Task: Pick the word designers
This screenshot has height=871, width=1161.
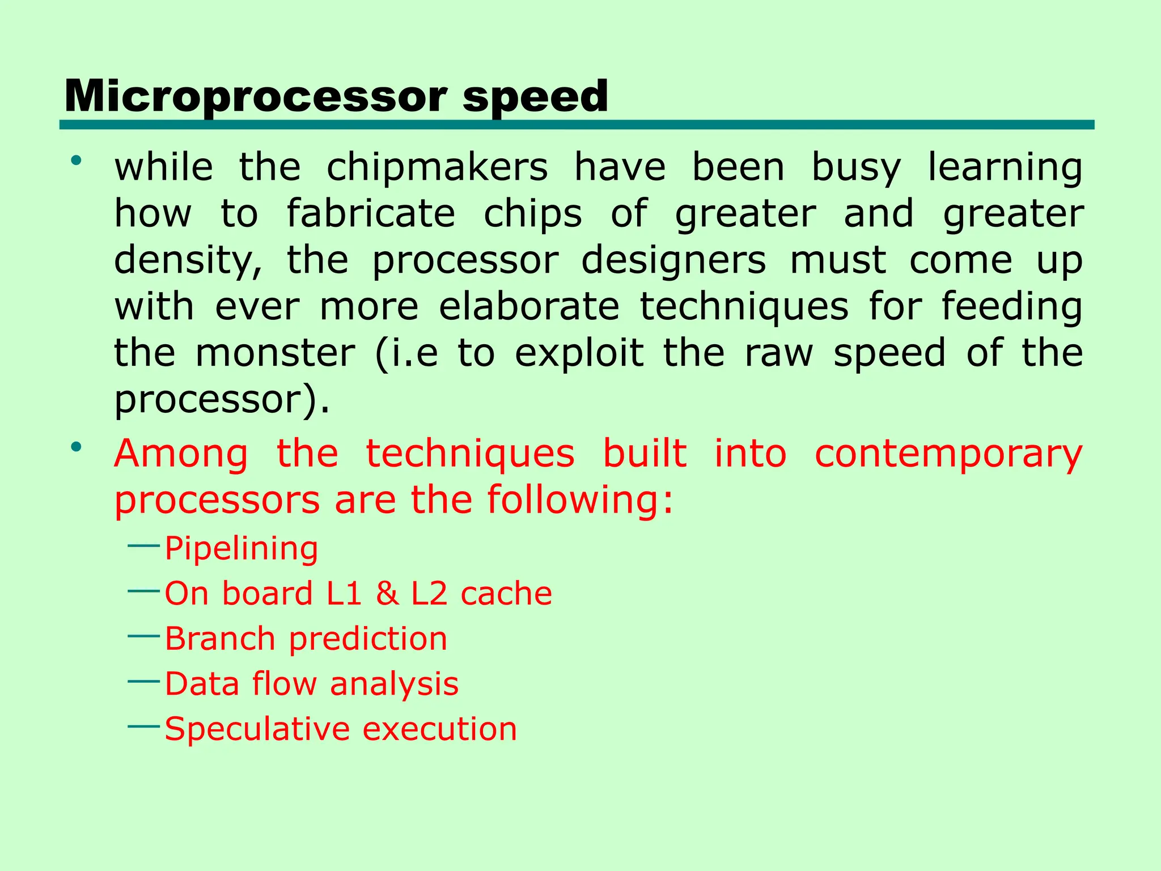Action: point(673,260)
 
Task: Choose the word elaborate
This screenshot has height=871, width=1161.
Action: point(529,307)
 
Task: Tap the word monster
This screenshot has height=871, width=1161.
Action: point(275,353)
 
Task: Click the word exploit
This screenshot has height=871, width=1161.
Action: point(579,353)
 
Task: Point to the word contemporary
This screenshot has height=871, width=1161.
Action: point(948,454)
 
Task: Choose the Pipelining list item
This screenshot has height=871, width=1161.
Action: point(241,549)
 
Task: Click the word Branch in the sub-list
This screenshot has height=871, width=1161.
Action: point(220,639)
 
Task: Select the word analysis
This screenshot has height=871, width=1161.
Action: point(394,684)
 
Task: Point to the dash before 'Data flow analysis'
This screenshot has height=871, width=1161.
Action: point(144,680)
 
